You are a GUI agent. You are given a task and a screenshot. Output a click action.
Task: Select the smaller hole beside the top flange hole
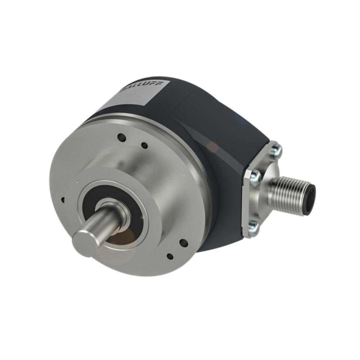tap(144, 145)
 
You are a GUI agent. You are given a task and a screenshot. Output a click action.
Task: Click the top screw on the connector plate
tap(276, 149)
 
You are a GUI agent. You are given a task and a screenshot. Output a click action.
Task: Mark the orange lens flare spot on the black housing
tap(213, 147)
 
